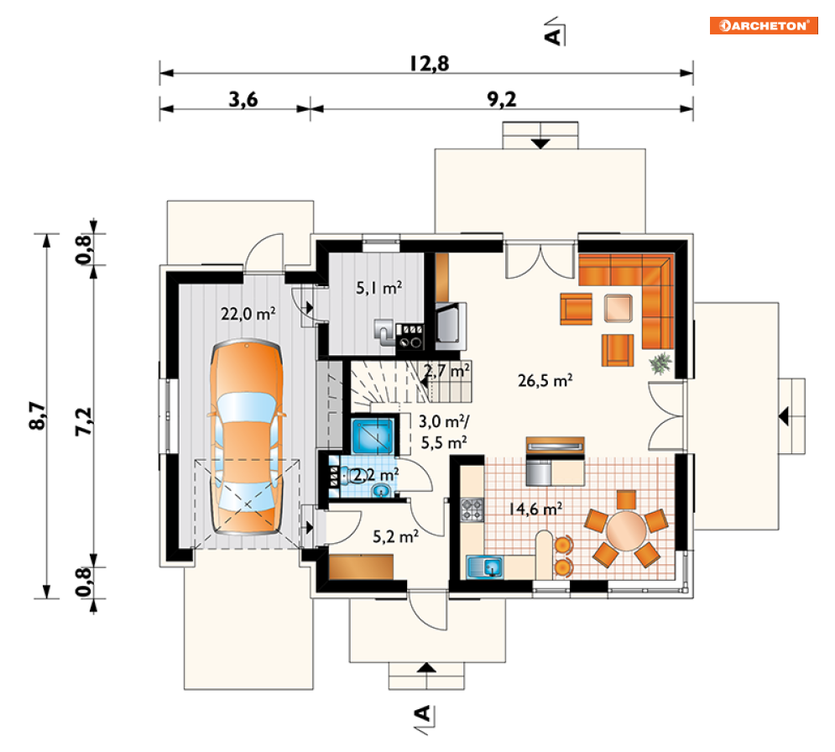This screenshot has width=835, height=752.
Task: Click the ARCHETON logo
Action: click(763, 25)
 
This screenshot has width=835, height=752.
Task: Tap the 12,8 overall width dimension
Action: click(429, 64)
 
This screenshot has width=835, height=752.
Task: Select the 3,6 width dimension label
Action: click(243, 99)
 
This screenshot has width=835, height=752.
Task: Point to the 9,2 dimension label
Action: click(502, 99)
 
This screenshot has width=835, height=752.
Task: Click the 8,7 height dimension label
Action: click(38, 415)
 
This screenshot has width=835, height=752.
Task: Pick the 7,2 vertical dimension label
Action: click(84, 422)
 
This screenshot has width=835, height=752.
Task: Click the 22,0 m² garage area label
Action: click(248, 313)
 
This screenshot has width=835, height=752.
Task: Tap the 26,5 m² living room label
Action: click(545, 380)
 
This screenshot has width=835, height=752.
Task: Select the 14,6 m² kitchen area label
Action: click(535, 509)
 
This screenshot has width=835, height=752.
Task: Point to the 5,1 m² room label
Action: click(378, 288)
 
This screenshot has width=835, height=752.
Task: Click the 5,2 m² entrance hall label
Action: click(395, 536)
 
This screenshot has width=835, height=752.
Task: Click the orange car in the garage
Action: click(247, 436)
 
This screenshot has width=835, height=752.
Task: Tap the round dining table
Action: click(626, 531)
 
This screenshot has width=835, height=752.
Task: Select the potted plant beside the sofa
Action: click(660, 363)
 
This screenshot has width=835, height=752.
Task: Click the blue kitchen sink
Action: click(484, 567)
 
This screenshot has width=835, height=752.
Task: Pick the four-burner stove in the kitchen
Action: click(472, 509)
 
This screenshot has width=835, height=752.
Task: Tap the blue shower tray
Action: click(373, 436)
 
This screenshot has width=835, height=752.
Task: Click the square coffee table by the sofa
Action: click(618, 308)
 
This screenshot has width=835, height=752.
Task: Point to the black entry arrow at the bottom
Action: click(426, 667)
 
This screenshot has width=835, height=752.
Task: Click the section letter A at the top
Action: click(553, 36)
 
